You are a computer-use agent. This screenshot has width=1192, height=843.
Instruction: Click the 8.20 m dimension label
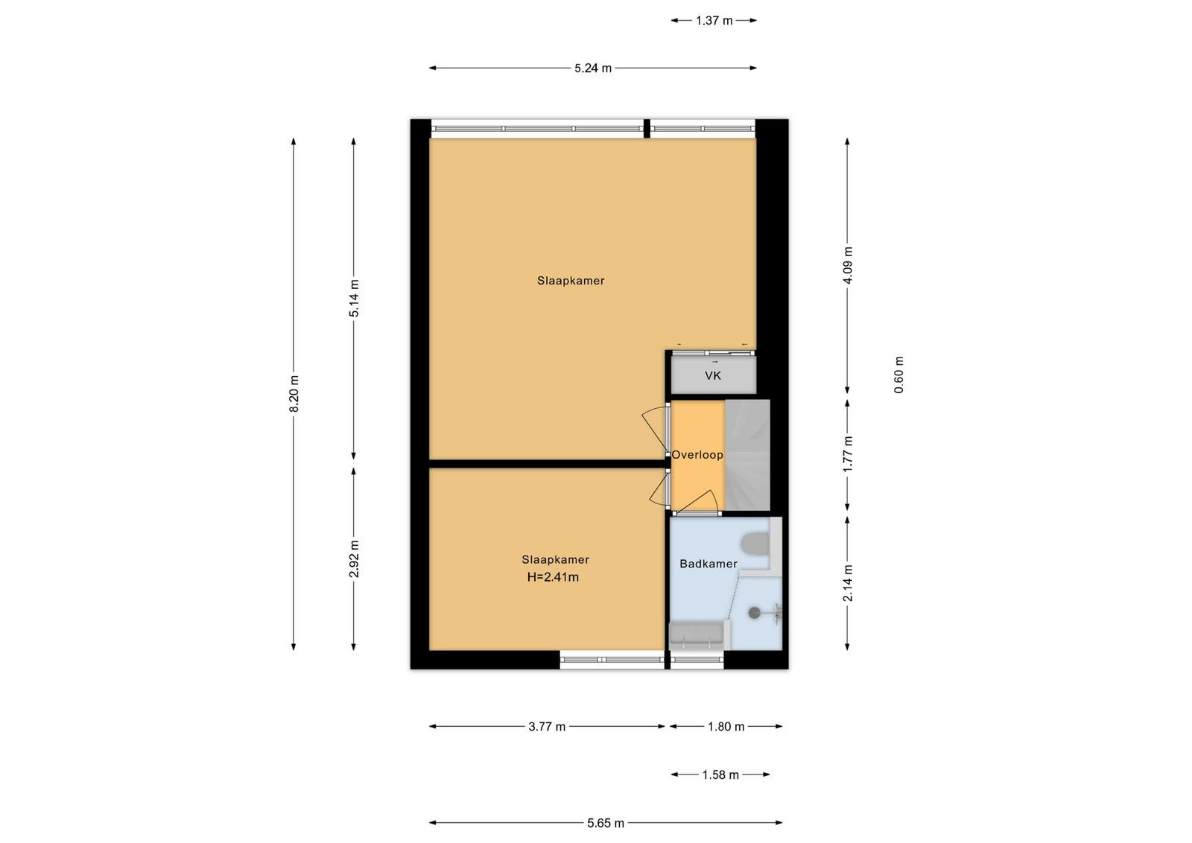(294, 394)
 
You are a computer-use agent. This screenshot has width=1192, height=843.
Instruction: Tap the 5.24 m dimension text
(593, 68)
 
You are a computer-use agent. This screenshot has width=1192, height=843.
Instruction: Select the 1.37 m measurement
(714, 21)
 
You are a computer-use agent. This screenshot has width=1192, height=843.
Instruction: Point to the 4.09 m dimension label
(848, 265)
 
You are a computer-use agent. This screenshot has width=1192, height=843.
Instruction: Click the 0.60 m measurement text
(898, 375)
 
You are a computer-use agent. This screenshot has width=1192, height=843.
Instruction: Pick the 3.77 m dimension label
(547, 727)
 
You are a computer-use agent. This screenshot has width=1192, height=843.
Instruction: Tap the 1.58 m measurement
(720, 775)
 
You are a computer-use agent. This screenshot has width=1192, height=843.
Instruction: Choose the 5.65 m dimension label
(606, 824)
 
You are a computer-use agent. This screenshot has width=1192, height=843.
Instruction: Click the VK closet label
(713, 376)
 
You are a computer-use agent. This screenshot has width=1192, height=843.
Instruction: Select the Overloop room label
(697, 455)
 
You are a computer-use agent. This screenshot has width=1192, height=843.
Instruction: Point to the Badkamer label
(708, 564)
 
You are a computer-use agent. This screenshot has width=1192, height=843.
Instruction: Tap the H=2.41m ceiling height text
(553, 577)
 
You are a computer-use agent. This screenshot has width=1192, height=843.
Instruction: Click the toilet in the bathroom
(755, 544)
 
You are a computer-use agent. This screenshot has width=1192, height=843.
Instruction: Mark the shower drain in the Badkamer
(755, 613)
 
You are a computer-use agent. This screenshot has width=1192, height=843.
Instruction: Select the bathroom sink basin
(696, 634)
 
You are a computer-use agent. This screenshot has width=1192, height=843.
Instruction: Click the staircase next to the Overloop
(748, 455)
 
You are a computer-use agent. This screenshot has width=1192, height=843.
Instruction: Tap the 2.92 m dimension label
(354, 559)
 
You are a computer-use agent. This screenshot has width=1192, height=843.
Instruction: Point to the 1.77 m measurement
(848, 454)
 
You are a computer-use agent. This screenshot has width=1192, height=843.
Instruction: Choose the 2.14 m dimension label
(848, 583)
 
